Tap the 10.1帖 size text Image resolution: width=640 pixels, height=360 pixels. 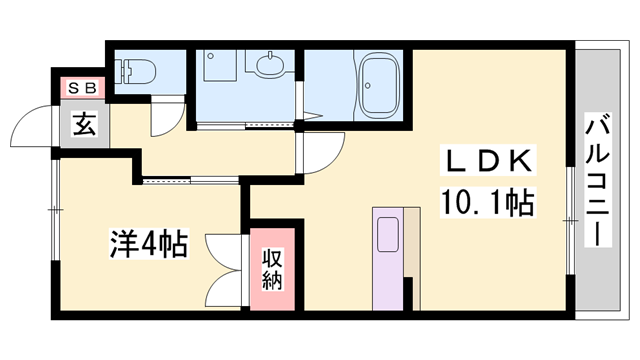(486, 203)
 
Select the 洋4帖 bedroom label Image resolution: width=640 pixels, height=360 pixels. (148, 244)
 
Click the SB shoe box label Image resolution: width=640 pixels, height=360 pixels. (80, 88)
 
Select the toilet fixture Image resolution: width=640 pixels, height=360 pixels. (134, 71)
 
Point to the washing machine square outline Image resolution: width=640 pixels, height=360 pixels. (219, 66)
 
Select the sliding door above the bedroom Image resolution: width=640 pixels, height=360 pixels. (190, 181)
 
